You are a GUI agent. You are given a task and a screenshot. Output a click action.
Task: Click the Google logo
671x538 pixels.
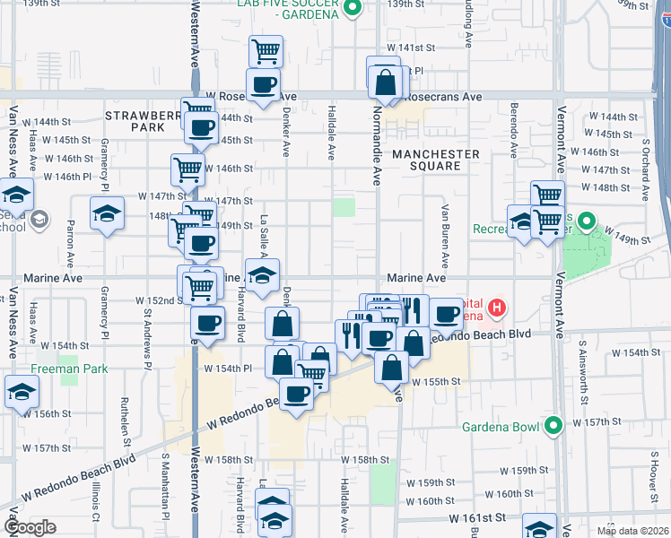[29, 528]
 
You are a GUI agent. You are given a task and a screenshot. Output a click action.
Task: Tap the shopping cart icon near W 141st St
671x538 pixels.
[266, 51]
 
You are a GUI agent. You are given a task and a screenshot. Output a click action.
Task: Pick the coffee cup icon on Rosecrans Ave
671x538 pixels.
[263, 85]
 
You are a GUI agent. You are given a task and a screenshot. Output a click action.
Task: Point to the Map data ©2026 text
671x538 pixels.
[631, 531]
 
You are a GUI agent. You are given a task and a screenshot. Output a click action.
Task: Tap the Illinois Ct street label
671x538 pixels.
[94, 499]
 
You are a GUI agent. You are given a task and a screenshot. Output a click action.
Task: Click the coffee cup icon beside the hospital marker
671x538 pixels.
[446, 314]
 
